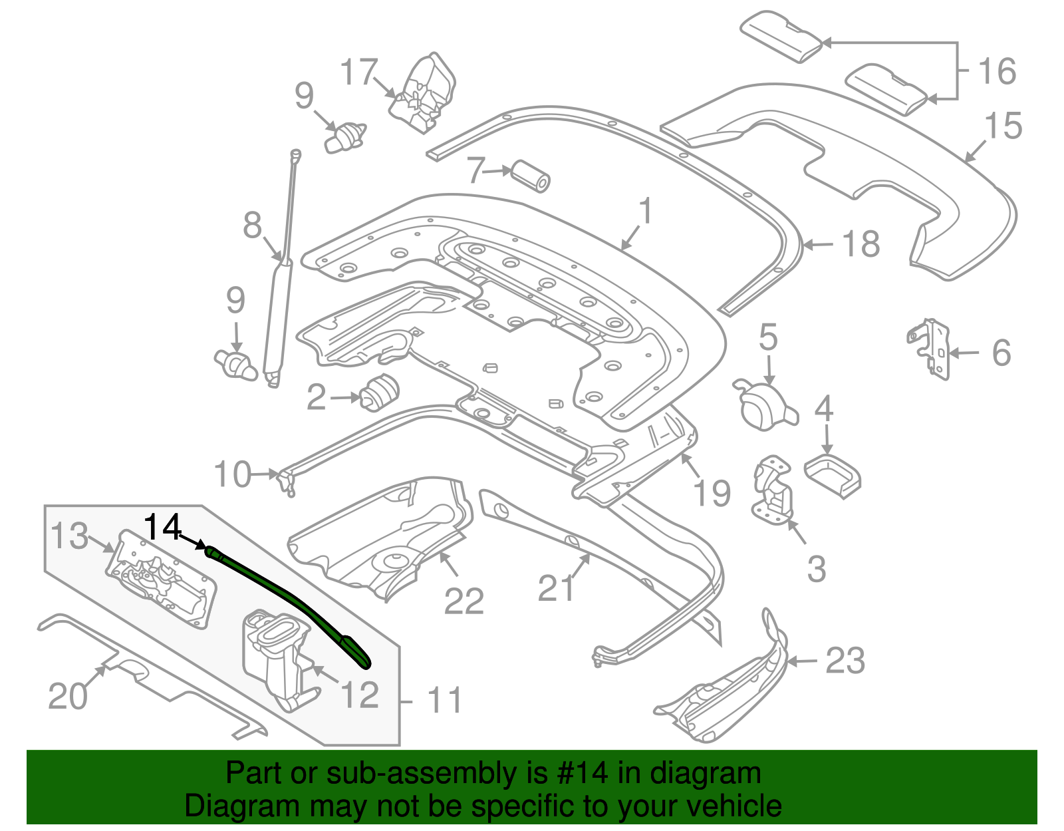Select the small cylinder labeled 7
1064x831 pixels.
click(x=531, y=176)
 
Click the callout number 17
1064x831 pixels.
click(x=359, y=72)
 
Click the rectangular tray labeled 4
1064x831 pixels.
click(x=833, y=475)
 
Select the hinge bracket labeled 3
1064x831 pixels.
click(x=773, y=489)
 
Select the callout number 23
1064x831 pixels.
click(x=845, y=661)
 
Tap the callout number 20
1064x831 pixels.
click(x=68, y=696)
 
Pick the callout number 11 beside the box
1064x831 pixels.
click(x=444, y=701)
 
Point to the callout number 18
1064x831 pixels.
click(x=861, y=244)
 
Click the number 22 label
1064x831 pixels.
click(x=464, y=601)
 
